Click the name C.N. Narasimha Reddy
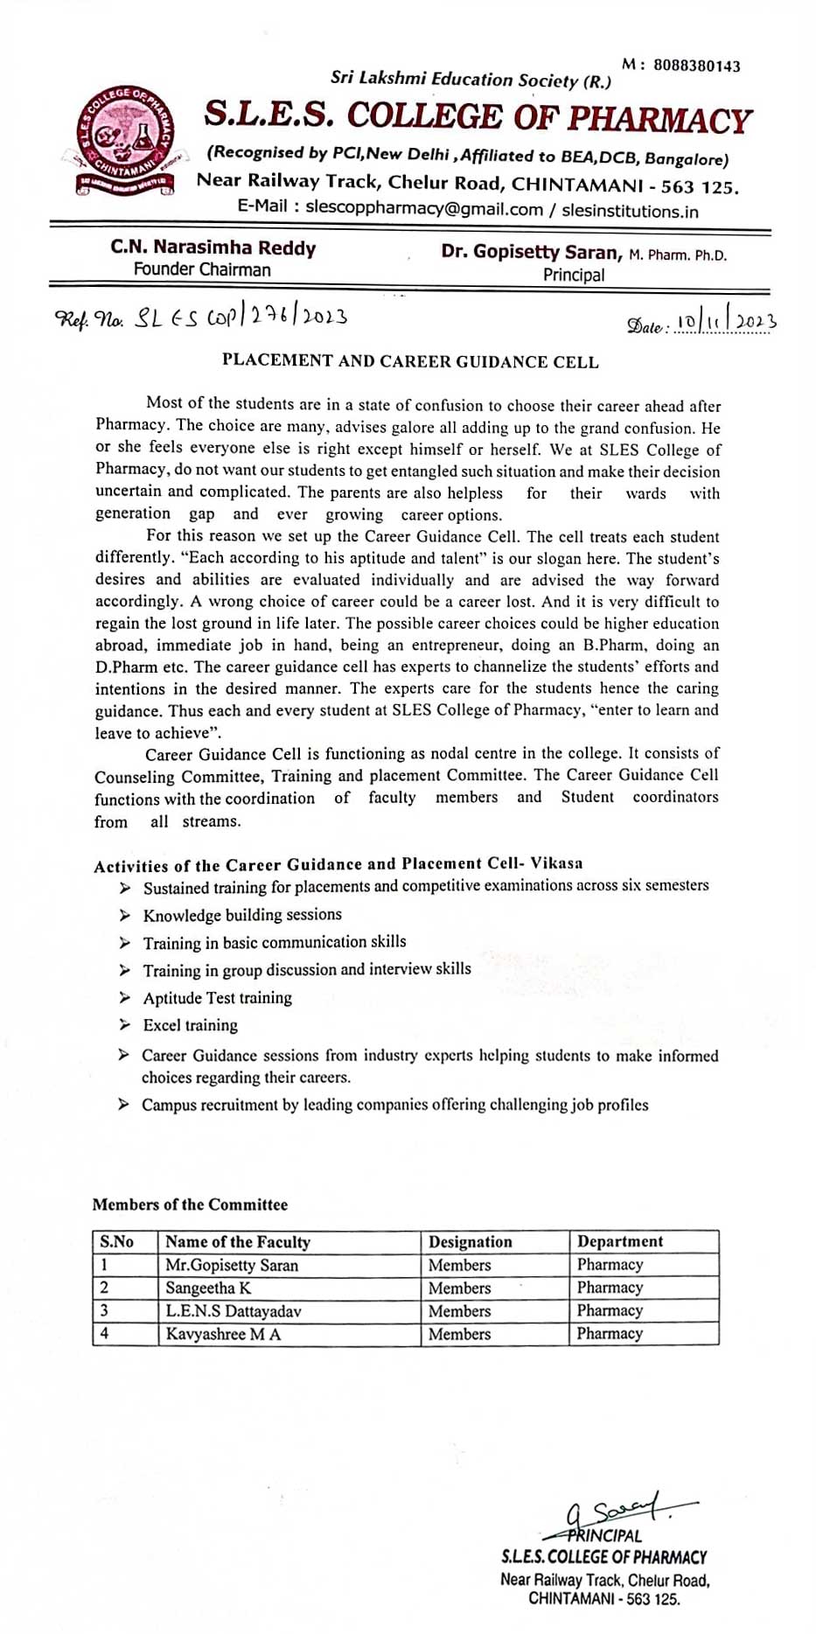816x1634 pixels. coord(213,248)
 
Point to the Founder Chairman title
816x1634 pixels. coord(202,269)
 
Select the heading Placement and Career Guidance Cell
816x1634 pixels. coord(410,361)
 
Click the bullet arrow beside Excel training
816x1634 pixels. coord(125,1024)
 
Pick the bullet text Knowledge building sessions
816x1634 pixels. coord(242,915)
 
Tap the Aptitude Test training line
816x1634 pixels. coord(218,997)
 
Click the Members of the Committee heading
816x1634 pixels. coord(190,1205)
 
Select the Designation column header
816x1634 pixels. coord(471,1242)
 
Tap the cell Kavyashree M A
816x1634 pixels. coord(223,1334)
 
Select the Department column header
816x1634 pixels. coord(620,1241)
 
